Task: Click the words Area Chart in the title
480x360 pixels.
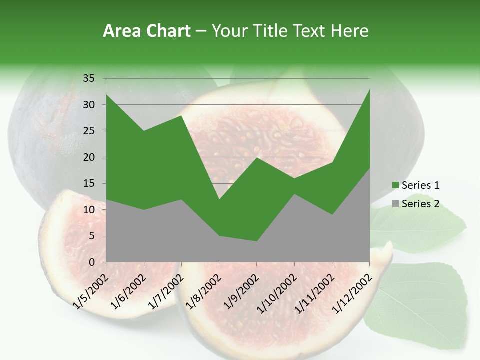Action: click(x=146, y=31)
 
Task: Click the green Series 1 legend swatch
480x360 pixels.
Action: click(x=396, y=185)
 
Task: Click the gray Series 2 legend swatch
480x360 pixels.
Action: click(x=396, y=203)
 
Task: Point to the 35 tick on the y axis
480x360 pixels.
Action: click(x=89, y=78)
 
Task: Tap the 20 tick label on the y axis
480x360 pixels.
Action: click(x=89, y=157)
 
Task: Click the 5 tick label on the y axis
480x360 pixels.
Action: click(x=91, y=236)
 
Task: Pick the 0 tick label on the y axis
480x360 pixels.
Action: click(x=91, y=262)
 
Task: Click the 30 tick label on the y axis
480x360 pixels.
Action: click(x=89, y=105)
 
